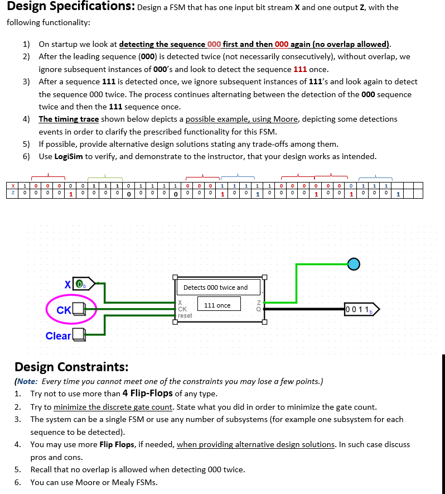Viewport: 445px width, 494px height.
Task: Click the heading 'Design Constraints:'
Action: (x=71, y=367)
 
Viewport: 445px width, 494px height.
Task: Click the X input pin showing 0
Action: (x=81, y=284)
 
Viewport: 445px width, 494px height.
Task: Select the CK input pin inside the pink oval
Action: (x=78, y=309)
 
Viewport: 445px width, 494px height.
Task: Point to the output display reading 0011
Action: (x=361, y=309)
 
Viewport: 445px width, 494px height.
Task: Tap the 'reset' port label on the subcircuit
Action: (x=185, y=315)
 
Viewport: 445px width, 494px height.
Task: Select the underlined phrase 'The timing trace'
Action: (x=69, y=119)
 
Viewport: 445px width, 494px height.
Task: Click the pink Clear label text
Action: (x=58, y=335)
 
